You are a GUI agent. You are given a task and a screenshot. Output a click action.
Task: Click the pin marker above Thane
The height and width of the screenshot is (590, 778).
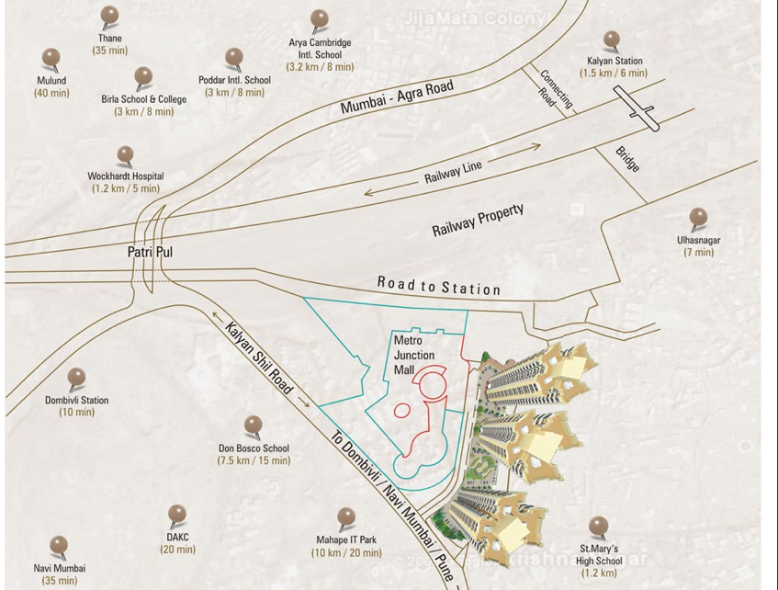(x=110, y=16)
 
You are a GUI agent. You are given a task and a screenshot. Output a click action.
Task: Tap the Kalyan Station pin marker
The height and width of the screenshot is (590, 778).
(x=612, y=40)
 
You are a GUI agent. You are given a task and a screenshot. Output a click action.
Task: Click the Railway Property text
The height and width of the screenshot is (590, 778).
(x=478, y=221)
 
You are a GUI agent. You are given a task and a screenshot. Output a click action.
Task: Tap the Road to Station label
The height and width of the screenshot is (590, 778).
(x=438, y=286)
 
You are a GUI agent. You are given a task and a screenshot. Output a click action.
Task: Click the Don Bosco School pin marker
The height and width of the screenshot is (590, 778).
(x=253, y=425)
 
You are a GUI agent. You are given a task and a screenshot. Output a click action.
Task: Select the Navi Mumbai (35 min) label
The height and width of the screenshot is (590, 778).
(x=60, y=574)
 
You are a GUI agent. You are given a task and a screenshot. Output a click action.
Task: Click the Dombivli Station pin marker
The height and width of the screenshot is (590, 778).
(x=76, y=378)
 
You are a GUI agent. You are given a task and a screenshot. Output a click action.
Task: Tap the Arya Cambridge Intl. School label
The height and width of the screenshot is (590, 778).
(x=320, y=54)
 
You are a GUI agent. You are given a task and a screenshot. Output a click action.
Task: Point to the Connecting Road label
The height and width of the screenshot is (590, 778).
(x=555, y=89)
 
